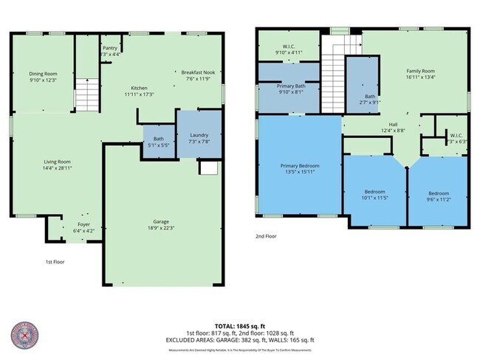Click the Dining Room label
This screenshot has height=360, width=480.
43,73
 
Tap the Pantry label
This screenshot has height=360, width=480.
110,48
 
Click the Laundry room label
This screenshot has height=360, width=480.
199,135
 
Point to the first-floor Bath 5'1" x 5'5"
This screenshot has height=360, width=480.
158,142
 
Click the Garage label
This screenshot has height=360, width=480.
161,221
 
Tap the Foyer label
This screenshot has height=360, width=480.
83,224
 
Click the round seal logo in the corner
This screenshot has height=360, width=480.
25,335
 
